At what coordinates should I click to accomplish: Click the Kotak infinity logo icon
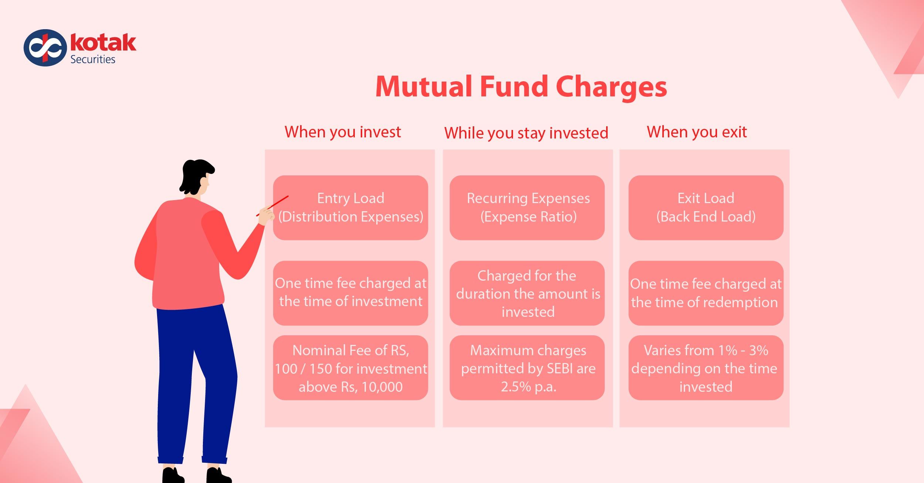[45, 48]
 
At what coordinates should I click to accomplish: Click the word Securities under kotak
[93, 59]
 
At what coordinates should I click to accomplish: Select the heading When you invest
[343, 132]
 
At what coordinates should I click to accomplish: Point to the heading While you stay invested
[526, 133]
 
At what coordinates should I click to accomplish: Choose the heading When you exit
[697, 132]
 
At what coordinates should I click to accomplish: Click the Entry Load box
[350, 208]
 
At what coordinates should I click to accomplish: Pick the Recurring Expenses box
[527, 208]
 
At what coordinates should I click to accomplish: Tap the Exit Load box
[706, 208]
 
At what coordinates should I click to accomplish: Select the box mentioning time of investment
[350, 293]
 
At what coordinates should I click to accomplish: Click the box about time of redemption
[706, 293]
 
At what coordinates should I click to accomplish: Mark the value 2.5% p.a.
[529, 387]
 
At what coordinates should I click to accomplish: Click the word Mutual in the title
[424, 87]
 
